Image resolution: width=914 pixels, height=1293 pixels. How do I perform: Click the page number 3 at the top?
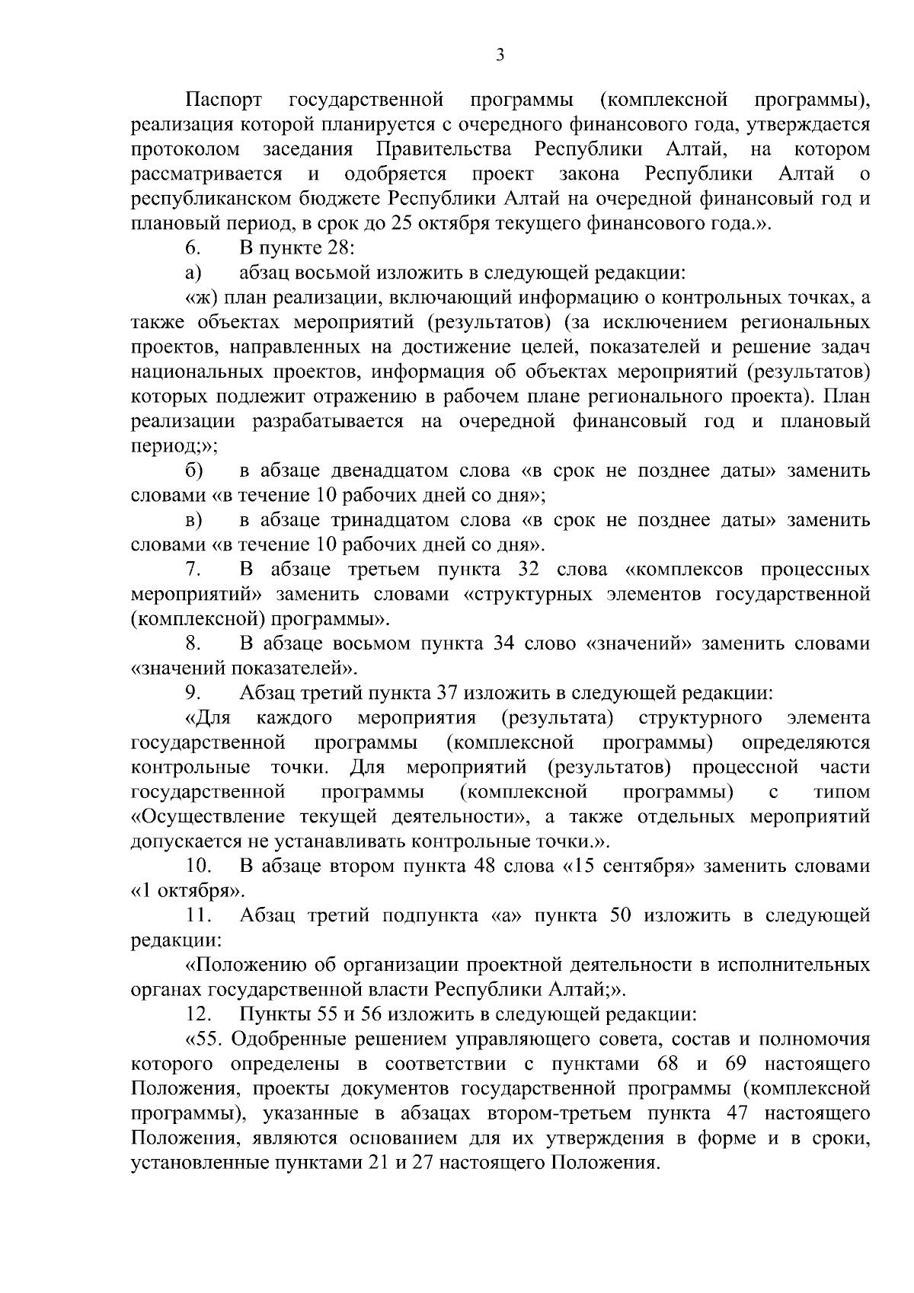tap(500, 54)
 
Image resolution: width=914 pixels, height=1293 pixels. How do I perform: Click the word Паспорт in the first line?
tap(225, 100)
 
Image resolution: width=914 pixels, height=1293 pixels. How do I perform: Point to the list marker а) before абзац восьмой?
tap(192, 273)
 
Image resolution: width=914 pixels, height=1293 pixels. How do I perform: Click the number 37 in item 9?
tap(446, 694)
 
